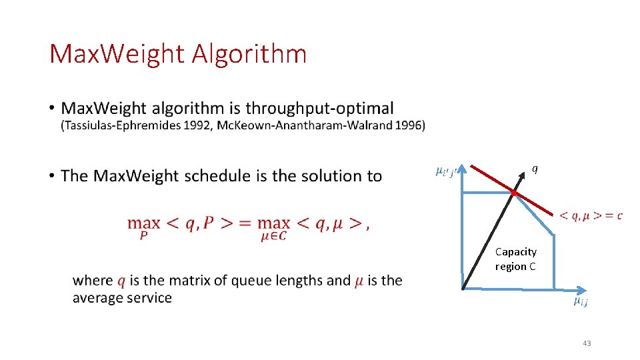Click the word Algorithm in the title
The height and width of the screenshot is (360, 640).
249,54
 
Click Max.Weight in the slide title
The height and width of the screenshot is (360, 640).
117,54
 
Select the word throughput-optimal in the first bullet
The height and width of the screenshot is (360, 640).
320,108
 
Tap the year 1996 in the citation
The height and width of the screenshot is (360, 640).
409,125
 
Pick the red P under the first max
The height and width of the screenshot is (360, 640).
143,235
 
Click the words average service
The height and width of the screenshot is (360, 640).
122,297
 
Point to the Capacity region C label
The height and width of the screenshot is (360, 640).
515,259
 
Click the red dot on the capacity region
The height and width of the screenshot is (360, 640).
513,193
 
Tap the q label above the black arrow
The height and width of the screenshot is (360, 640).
534,168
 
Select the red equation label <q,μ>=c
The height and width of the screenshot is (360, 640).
591,215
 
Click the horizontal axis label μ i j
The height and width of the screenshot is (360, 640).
581,302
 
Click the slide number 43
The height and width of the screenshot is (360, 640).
586,343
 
